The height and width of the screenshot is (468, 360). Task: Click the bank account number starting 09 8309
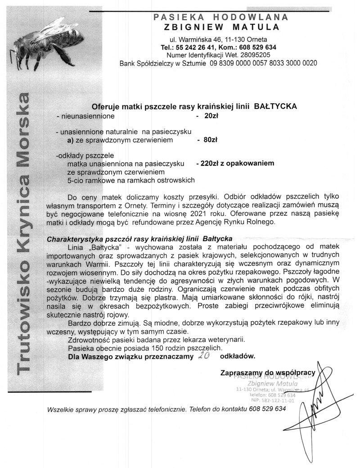point(263,63)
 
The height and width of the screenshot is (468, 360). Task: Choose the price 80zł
point(211,140)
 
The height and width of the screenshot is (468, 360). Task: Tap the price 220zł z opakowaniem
point(235,163)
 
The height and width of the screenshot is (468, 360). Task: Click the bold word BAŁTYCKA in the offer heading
point(275,106)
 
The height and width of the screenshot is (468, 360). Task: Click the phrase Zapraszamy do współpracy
point(270,373)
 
